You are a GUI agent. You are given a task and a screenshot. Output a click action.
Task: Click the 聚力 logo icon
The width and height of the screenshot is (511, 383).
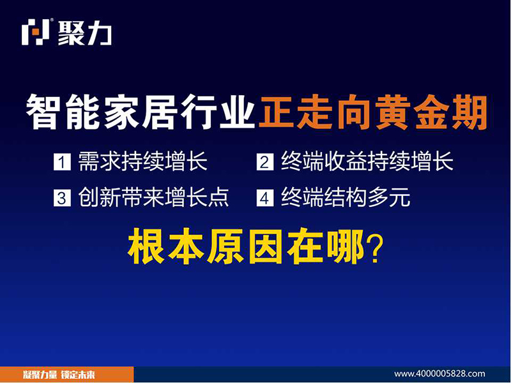36,31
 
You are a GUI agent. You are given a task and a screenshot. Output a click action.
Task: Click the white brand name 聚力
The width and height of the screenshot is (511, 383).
85,33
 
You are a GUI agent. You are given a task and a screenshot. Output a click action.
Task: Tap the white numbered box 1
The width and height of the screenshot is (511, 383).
62,162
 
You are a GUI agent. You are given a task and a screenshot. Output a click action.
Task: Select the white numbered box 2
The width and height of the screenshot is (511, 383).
265,162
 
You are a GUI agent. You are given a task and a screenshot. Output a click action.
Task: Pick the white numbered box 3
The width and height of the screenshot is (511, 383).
62,198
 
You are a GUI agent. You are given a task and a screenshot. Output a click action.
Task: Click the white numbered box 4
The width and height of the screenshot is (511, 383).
265,198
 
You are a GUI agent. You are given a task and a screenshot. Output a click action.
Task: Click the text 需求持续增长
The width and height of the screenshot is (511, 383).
142,161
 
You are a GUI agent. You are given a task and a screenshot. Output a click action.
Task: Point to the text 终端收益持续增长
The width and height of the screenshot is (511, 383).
367,161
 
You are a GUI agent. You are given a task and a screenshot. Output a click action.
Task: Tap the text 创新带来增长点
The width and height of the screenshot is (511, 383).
153,197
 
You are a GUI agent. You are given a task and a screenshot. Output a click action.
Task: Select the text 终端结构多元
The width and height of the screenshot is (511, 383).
346,197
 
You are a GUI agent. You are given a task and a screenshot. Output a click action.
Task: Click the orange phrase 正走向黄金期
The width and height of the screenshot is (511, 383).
373,112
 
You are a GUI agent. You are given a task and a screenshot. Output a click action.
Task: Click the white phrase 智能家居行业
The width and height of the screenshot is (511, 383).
140,112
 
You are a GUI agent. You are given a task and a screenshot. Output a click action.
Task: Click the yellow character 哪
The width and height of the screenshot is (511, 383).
346,246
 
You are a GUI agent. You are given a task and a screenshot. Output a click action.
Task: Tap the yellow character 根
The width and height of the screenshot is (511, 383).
146,246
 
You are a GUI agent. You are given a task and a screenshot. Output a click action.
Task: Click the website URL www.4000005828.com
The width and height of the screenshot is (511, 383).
439,373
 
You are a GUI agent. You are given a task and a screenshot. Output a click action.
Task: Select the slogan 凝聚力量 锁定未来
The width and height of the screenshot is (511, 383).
59,375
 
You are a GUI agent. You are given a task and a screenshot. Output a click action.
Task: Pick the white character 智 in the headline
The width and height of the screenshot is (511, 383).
45,112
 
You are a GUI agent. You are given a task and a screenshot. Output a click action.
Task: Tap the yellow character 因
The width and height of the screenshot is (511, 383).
266,246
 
